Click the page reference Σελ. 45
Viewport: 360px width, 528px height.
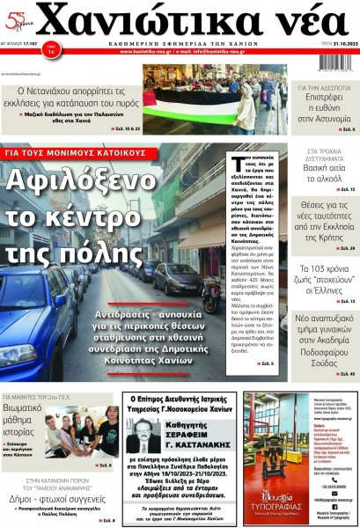point(347,374)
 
